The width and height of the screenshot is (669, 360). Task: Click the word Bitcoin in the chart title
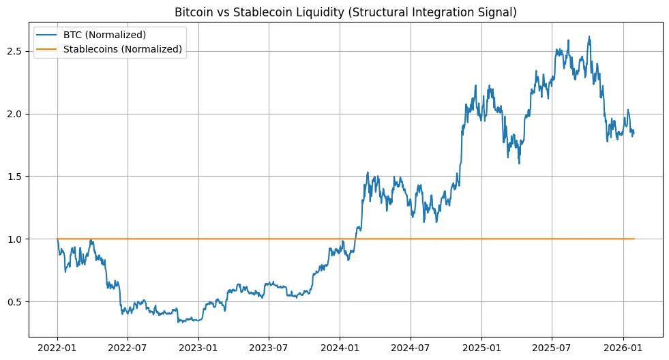[x=193, y=12]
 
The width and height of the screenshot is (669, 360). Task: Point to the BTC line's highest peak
[x=589, y=37]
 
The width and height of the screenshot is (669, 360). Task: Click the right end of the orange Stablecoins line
[x=634, y=239]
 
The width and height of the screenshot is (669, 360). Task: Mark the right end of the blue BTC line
[x=634, y=132]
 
